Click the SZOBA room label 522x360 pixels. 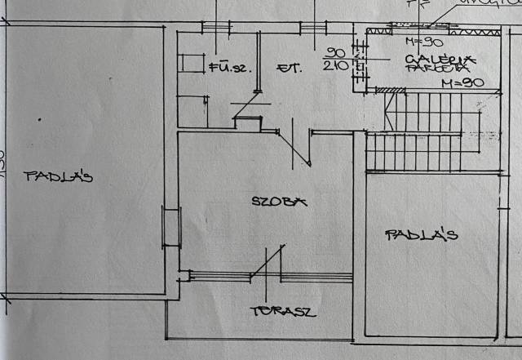click(x=279, y=201)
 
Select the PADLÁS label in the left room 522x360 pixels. click(x=58, y=176)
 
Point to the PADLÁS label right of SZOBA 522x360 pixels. click(x=422, y=235)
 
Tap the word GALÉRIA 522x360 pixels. click(x=440, y=58)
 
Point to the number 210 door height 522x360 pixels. click(x=335, y=66)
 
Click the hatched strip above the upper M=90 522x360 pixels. click(x=432, y=29)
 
